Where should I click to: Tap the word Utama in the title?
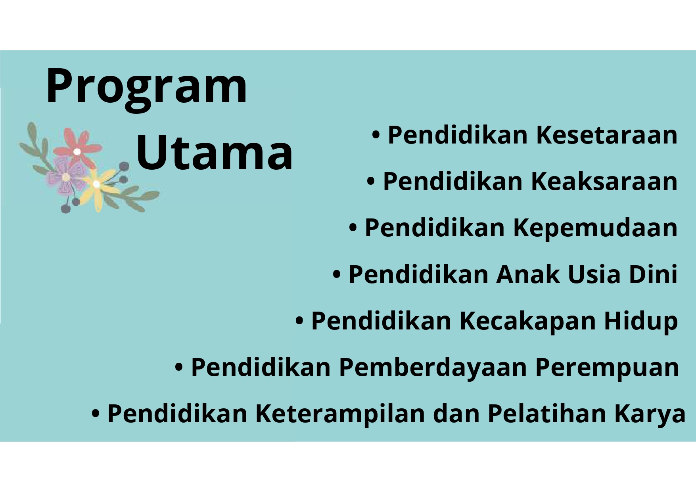[x=215, y=153]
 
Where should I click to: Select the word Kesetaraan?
[x=607, y=135]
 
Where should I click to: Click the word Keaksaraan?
[x=604, y=181]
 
